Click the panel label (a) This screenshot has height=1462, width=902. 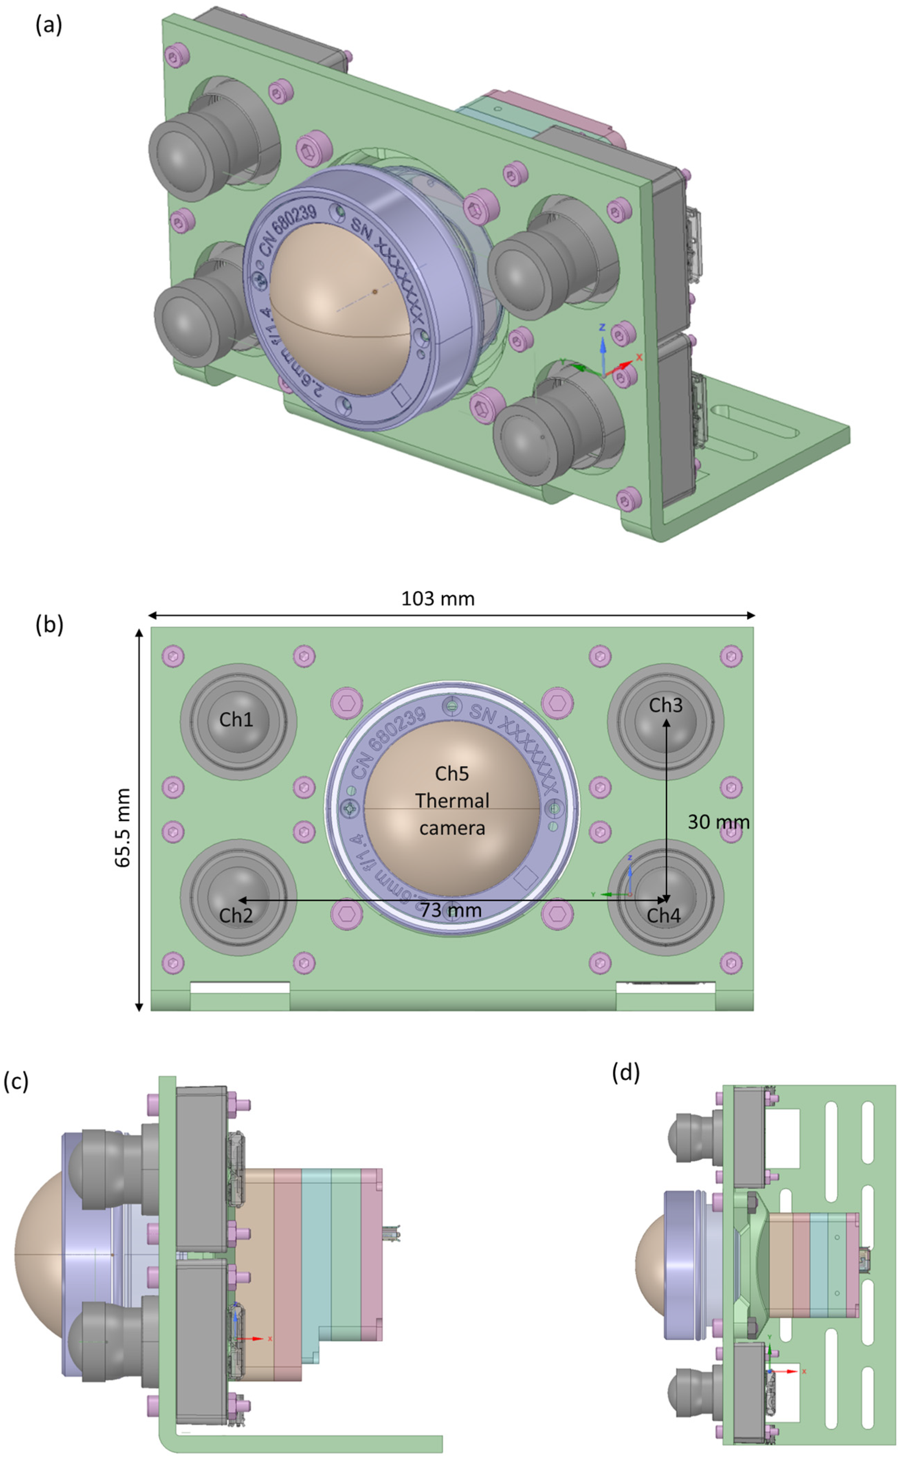49,26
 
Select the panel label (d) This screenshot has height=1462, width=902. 626,1073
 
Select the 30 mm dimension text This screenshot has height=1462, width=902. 718,822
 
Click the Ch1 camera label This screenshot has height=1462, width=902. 236,719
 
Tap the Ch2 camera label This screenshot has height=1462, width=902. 236,916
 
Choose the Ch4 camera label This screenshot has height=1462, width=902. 664,916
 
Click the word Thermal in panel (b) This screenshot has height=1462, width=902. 452,800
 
